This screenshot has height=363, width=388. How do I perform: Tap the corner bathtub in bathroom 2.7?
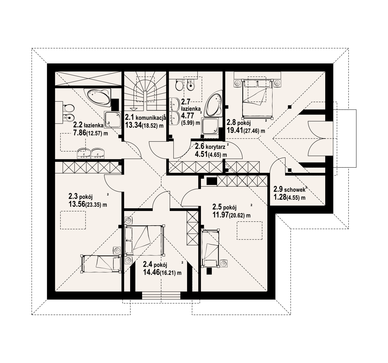(x=213, y=103)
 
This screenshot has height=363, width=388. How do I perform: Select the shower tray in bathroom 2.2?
(x=112, y=120)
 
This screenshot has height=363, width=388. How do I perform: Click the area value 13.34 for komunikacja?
(x=133, y=125)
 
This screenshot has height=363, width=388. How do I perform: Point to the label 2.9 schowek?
(x=289, y=189)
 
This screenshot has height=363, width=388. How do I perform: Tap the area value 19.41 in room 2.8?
(x=235, y=130)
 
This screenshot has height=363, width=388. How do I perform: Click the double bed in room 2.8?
(x=257, y=99)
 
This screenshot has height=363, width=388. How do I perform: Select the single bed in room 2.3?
(x=101, y=264)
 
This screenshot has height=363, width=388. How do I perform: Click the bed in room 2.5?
(x=210, y=248)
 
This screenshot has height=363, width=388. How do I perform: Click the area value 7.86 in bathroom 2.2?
(x=80, y=133)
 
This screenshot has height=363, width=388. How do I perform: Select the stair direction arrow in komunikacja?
(x=134, y=109)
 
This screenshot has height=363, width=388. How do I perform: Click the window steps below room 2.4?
(x=161, y=296)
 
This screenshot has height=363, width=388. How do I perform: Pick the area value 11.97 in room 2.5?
(x=221, y=215)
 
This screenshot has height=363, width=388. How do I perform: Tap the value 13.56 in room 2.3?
(x=77, y=204)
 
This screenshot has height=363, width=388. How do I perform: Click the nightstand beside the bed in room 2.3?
(x=117, y=250)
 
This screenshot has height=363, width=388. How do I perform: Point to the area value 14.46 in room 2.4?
(x=151, y=272)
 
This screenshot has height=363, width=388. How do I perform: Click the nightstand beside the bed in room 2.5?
(x=223, y=264)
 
